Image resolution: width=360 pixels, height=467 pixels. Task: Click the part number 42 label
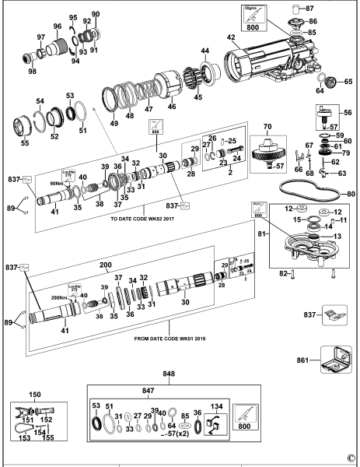[x=230, y=37]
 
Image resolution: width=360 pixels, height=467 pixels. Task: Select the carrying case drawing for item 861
[x=335, y=360]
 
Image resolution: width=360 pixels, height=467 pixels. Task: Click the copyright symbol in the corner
[x=351, y=458]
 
